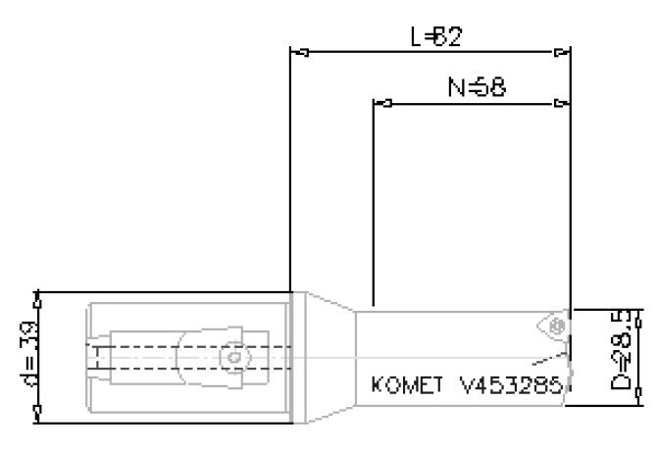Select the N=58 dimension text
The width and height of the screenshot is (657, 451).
tap(477, 87)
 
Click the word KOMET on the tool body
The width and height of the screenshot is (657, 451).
tap(404, 384)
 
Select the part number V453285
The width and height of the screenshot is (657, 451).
tap(505, 384)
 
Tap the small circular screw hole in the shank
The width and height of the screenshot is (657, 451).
tap(232, 358)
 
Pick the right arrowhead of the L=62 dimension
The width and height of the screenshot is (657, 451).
tap(560, 51)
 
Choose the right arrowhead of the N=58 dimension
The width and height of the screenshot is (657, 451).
tap(560, 102)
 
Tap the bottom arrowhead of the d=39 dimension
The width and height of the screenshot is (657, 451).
tap(38, 417)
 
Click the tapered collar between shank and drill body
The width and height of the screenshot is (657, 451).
tap(324, 358)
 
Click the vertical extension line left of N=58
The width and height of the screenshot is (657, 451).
tap(375, 196)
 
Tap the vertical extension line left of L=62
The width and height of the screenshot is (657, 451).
tap(290, 167)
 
